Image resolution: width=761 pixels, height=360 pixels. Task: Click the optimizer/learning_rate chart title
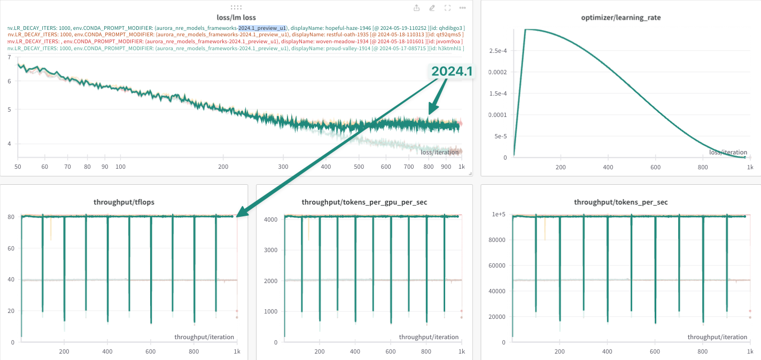(621, 18)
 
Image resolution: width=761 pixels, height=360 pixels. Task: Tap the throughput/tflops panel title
(124, 202)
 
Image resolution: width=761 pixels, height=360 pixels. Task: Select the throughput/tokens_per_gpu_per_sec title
(364, 202)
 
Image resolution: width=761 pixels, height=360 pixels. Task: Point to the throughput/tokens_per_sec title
(621, 202)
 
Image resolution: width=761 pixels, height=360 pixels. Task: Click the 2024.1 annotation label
(452, 71)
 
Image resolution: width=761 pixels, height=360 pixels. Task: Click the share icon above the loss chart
(417, 8)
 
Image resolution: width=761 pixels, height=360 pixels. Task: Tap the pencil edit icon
(432, 8)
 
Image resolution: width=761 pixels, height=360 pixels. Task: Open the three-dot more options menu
(462, 8)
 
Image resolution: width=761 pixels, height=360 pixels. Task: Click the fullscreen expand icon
(447, 8)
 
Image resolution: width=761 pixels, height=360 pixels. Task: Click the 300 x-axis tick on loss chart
(283, 167)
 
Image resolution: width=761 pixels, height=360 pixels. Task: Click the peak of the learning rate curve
(526, 29)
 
